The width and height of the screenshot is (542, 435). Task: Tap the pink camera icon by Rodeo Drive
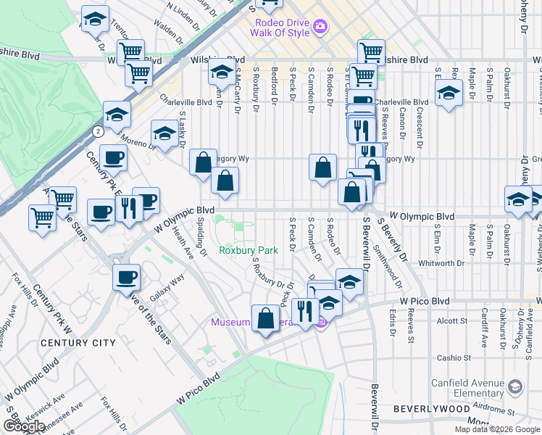click(320, 28)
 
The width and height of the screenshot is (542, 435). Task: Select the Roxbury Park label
click(249, 250)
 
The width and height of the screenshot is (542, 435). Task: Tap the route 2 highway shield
click(97, 130)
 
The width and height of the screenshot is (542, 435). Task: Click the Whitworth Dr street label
click(444, 264)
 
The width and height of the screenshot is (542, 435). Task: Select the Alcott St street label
click(451, 320)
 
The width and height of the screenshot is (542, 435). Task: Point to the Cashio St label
click(454, 357)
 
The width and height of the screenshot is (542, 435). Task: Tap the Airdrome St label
click(492, 408)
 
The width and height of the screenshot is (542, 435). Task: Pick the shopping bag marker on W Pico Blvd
click(266, 318)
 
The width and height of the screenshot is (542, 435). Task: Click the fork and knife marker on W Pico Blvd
click(306, 311)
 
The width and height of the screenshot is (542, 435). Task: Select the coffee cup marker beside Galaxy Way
click(127, 276)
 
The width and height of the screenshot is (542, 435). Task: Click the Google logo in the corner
click(24, 426)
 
